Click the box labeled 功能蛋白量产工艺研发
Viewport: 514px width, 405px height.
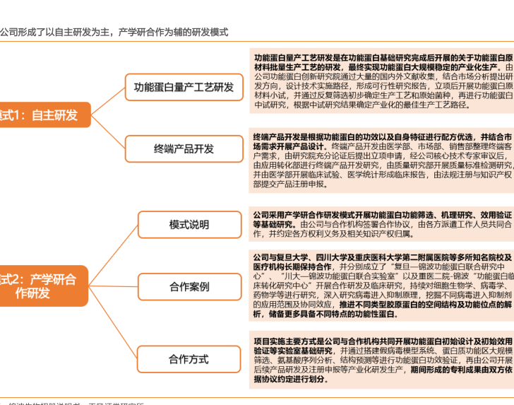tap(184, 87)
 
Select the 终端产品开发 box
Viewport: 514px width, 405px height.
tap(184, 148)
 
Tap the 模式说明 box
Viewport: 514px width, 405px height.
tap(189, 224)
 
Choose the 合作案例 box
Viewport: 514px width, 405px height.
tap(189, 286)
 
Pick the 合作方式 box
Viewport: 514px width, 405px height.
tap(189, 359)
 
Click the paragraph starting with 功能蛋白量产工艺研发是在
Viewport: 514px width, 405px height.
tap(383, 81)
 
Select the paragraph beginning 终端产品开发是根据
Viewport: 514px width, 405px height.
tap(383, 160)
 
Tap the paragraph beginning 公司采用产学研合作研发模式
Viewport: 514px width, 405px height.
tap(383, 224)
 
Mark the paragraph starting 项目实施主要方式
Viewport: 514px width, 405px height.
tap(383, 359)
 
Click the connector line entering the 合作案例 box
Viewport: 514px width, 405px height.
tap(114, 286)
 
